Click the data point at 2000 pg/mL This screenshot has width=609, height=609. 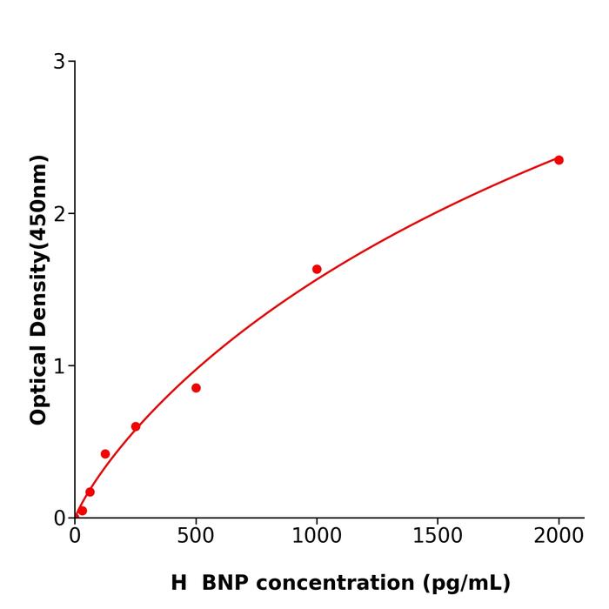(559, 160)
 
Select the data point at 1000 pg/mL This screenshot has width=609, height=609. (317, 270)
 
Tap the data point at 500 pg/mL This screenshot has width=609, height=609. (196, 388)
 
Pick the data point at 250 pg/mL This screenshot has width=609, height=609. (136, 427)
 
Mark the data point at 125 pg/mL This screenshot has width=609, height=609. (105, 454)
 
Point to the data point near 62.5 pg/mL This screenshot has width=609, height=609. (90, 492)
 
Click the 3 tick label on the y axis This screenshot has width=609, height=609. (59, 62)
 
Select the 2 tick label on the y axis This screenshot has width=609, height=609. (59, 214)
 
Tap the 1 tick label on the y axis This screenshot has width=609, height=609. (59, 366)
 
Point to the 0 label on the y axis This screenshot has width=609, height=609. (59, 519)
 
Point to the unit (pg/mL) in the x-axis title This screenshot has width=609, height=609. (465, 584)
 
